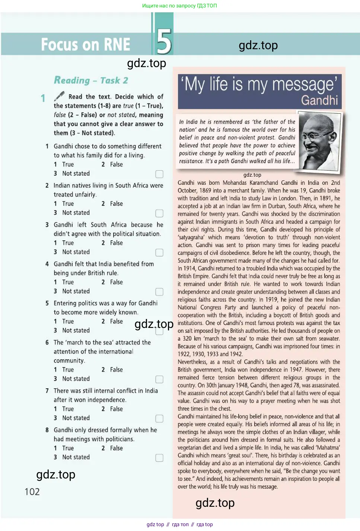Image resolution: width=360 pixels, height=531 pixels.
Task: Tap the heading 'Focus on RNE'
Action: click(86, 45)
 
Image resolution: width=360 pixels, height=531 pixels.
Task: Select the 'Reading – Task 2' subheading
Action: click(91, 80)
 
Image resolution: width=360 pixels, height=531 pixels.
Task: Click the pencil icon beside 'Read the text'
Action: click(59, 97)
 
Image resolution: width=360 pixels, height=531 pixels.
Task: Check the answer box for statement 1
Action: click(159, 174)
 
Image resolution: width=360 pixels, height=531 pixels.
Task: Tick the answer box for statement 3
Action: click(159, 253)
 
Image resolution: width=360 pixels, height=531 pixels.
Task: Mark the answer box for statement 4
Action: click(159, 292)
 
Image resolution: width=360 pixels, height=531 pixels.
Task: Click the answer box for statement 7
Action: click(159, 418)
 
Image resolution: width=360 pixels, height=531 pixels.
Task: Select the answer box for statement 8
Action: click(159, 458)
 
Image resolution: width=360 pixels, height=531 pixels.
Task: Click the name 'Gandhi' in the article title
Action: click(319, 100)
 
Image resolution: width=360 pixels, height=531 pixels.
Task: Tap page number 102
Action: click(32, 492)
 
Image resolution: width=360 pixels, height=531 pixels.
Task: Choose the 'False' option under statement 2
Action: click(116, 204)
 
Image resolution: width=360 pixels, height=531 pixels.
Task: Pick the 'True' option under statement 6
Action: click(68, 370)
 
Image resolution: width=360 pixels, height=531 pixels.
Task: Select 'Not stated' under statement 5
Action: click(76, 331)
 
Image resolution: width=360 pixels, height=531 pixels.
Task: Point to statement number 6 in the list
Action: click(47, 342)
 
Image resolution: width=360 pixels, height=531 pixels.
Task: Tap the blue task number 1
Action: click(43, 98)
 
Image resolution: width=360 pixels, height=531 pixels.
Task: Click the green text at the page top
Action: click(179, 6)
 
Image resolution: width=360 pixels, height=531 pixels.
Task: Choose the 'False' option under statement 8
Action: click(116, 448)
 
